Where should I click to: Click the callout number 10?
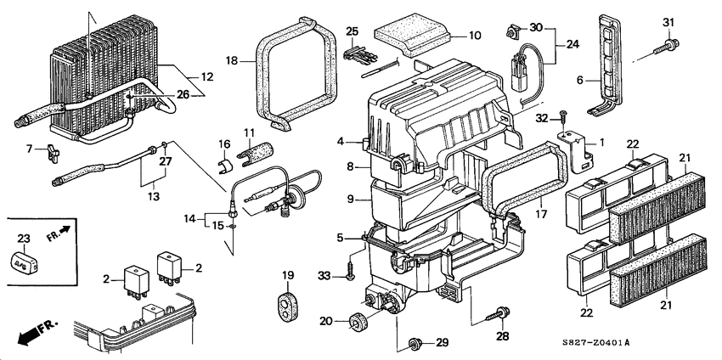pyautogui.click(x=474, y=35)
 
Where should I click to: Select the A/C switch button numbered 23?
pyautogui.click(x=24, y=262)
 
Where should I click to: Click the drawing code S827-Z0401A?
pyautogui.click(x=595, y=342)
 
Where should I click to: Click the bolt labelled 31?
pyautogui.click(x=666, y=48)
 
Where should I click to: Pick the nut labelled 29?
pyautogui.click(x=416, y=343)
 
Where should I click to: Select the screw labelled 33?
pyautogui.click(x=350, y=272)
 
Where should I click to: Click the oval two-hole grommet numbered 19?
pyautogui.click(x=287, y=306)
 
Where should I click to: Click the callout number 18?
pyautogui.click(x=232, y=60)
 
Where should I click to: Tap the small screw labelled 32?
pyautogui.click(x=562, y=117)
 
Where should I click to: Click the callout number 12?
pyautogui.click(x=207, y=77)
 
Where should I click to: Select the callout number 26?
pyautogui.click(x=183, y=94)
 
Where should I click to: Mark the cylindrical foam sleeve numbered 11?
pyautogui.click(x=256, y=152)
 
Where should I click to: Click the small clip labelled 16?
pyautogui.click(x=225, y=166)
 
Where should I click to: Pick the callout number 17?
pyautogui.click(x=541, y=214)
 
